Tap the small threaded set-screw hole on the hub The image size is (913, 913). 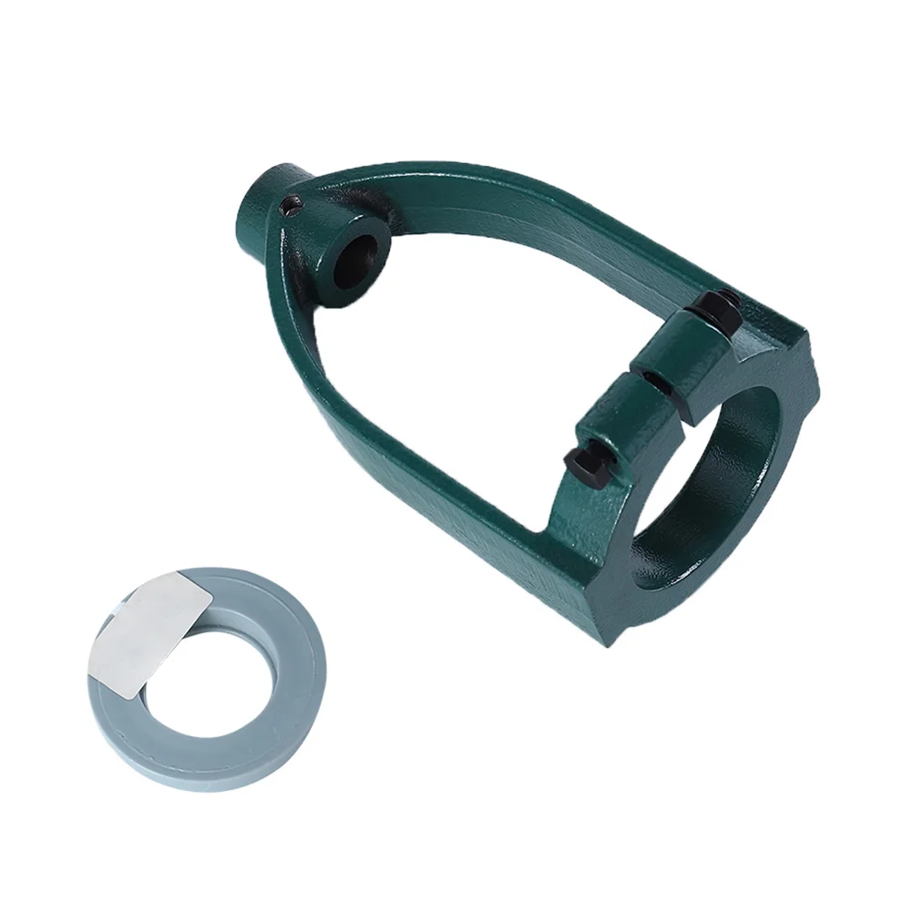291,208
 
